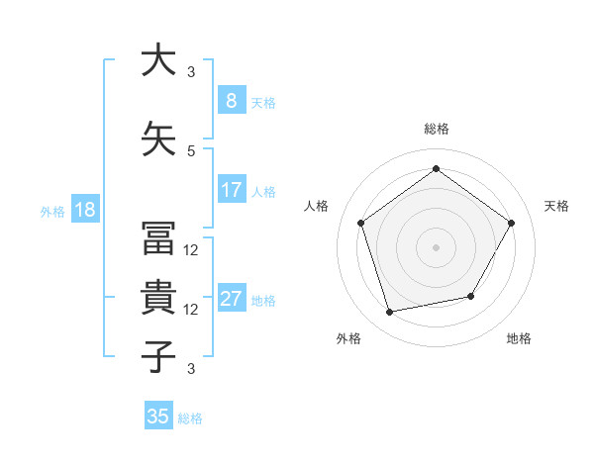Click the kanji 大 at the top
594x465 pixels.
click(x=157, y=60)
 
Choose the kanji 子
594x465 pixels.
click(x=157, y=357)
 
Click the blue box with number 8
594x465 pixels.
click(x=231, y=101)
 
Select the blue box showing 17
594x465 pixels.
click(x=231, y=190)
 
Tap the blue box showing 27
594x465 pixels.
click(x=231, y=299)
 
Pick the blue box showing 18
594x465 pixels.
click(x=84, y=210)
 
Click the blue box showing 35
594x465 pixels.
click(x=158, y=417)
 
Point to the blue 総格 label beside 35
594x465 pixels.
click(x=190, y=418)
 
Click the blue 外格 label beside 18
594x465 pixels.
click(x=52, y=211)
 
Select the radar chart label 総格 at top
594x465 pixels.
click(x=436, y=130)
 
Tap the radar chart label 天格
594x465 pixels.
click(x=556, y=206)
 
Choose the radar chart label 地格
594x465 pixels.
click(x=519, y=338)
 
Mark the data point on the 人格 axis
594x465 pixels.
click(x=361, y=223)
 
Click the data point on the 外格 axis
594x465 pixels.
click(x=390, y=312)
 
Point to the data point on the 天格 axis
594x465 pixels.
click(x=511, y=223)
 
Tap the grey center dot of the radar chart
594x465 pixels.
click(x=436, y=246)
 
